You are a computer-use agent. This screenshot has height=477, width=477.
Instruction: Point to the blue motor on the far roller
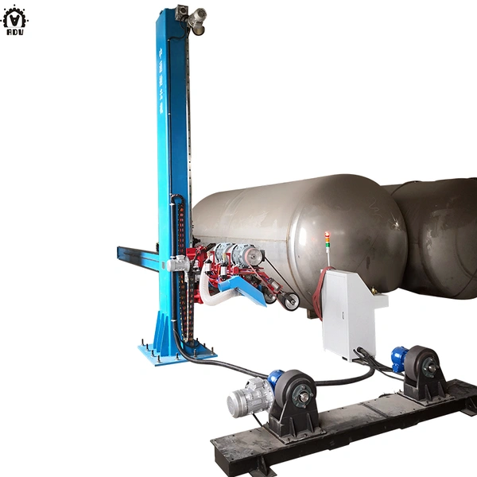(x=398, y=358)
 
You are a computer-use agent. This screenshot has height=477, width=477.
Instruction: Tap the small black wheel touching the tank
(x=289, y=301)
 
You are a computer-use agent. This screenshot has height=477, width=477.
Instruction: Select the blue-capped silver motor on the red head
(x=235, y=254)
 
